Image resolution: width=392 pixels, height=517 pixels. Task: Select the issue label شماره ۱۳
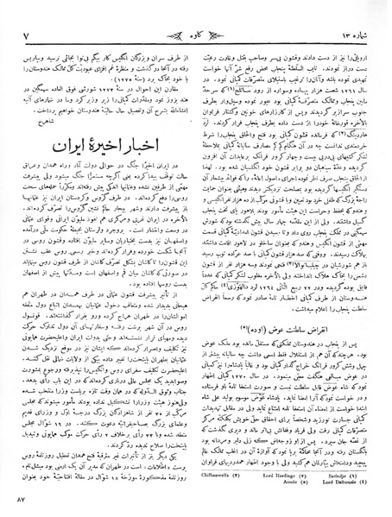pos(353,12)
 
